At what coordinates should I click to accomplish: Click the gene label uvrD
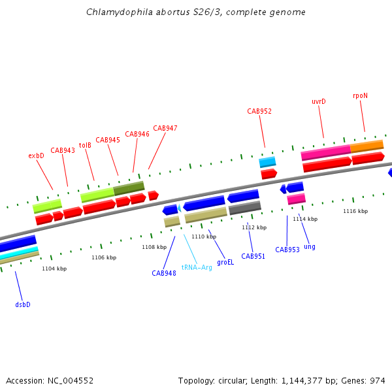pos(318,101)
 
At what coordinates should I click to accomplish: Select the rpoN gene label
pos(360,95)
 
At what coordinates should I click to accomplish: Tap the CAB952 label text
pos(259,111)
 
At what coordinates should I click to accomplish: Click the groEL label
pos(225,262)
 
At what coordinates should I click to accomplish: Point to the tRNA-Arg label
pos(197,267)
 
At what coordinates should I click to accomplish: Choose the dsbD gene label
pos(23,304)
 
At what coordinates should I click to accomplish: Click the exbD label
pos(36,155)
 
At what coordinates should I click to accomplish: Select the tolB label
pos(85,145)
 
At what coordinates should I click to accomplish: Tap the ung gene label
pos(310,246)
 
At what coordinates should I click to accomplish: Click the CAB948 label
pos(164,273)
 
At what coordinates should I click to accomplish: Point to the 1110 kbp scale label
pos(203,237)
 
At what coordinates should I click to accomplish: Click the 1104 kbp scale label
pos(54,269)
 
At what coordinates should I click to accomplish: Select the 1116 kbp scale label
pos(355,211)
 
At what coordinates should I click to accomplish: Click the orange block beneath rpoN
pos(367,146)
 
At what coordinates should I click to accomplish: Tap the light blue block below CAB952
pos(267,161)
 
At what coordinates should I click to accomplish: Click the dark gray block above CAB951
pos(245,208)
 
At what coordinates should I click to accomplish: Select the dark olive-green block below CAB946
pos(129,188)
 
